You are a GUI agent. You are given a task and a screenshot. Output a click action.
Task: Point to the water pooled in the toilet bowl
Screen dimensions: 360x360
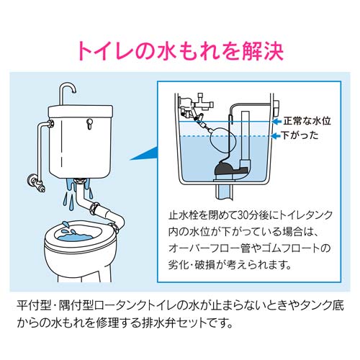pyautogui.click(x=80, y=235)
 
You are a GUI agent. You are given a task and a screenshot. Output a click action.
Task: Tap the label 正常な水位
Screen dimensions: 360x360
pyautogui.click(x=307, y=121)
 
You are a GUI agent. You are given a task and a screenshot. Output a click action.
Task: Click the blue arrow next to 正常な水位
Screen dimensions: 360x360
pyautogui.click(x=277, y=121)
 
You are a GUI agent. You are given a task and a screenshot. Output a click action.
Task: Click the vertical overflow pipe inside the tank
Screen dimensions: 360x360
pyautogui.click(x=243, y=140)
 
